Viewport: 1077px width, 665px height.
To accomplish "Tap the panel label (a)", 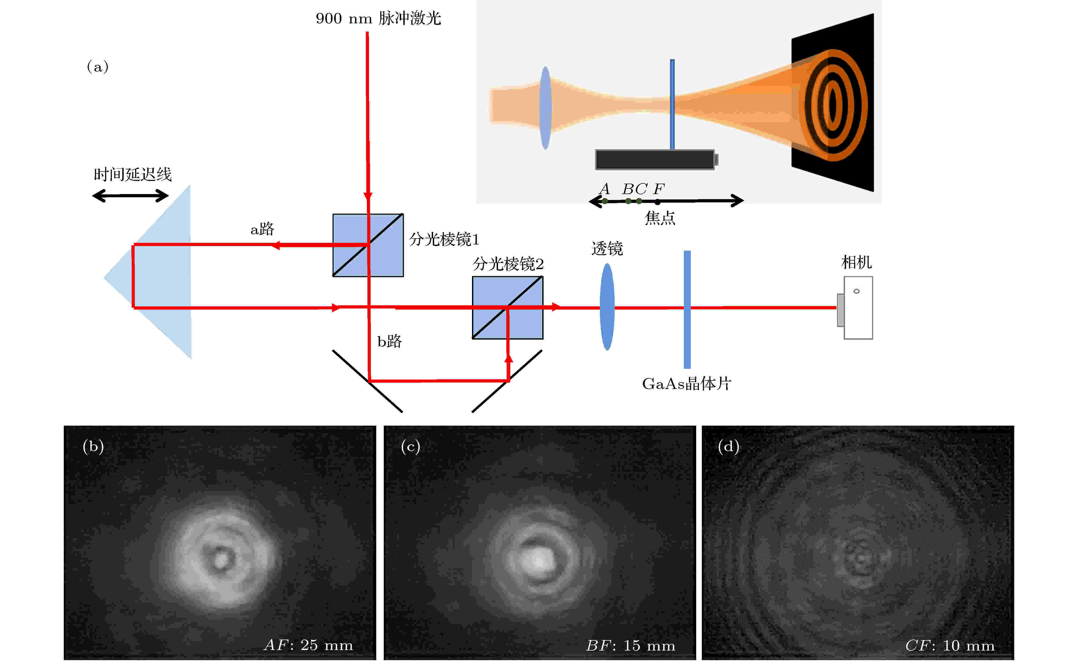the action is pos(98,67).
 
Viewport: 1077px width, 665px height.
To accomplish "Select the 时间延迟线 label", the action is pos(132,174).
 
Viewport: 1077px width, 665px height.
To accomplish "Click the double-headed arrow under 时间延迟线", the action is pos(130,196).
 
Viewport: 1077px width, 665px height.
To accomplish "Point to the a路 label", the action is pos(262,229).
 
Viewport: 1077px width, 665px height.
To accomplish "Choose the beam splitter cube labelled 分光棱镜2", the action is pos(507,307).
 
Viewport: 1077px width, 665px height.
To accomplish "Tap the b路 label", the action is pos(389,341).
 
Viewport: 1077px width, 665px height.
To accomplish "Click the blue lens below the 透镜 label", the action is pos(607,307).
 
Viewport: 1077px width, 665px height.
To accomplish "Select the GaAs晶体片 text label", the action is pos(686,384).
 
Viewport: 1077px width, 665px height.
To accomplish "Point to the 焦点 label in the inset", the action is pos(660,218).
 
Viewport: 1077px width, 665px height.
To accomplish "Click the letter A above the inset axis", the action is pos(605,189).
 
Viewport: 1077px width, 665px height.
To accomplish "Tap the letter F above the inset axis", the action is pos(659,189).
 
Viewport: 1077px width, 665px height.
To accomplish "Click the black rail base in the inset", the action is pos(655,160).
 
